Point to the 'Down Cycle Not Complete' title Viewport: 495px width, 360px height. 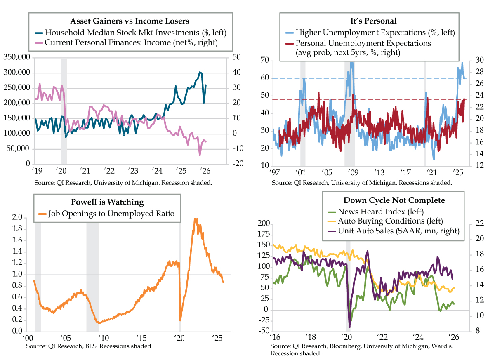pyautogui.click(x=394, y=200)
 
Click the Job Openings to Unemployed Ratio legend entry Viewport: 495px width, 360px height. pyautogui.click(x=111, y=214)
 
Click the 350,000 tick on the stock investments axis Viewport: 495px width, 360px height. pyautogui.click(x=16, y=57)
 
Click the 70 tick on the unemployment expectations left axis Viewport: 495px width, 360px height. pyautogui.click(x=264, y=61)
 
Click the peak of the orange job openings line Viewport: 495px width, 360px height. pyautogui.click(x=195, y=219)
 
